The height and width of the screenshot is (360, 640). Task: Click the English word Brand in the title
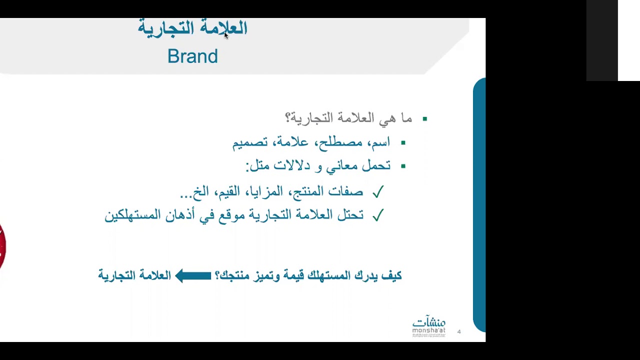tap(192, 56)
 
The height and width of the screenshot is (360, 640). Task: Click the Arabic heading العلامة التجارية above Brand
tap(192, 28)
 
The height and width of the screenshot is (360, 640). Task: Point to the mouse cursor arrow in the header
tap(226, 35)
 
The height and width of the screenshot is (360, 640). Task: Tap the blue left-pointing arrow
tap(193, 275)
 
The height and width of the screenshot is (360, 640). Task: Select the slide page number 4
tap(459, 331)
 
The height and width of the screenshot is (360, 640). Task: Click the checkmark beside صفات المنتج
tap(377, 192)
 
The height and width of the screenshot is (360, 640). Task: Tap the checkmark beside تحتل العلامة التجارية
tap(377, 215)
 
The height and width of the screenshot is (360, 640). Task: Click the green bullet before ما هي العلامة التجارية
tap(425, 119)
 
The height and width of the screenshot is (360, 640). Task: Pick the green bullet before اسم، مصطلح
tap(403, 143)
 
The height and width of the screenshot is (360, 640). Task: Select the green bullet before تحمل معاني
tap(403, 166)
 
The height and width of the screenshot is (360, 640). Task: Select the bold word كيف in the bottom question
tap(391, 275)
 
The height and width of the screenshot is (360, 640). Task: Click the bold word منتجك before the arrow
tap(234, 275)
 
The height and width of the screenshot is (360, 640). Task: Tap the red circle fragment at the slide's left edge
tap(2, 246)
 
